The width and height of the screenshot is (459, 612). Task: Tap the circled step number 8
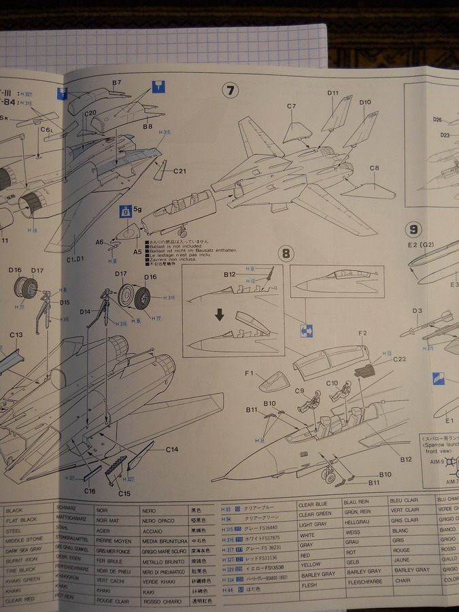(x=287, y=254)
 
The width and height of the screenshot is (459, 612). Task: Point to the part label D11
(x=333, y=93)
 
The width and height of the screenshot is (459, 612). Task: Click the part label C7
(x=292, y=106)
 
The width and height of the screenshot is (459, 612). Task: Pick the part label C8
(x=374, y=168)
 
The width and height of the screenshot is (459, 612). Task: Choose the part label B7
(x=117, y=83)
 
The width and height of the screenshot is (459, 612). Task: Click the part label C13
(x=16, y=335)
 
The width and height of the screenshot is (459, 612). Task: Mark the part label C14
(x=171, y=449)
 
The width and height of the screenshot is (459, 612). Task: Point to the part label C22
(x=399, y=359)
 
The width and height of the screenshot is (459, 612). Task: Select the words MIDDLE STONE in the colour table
(x=24, y=538)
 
